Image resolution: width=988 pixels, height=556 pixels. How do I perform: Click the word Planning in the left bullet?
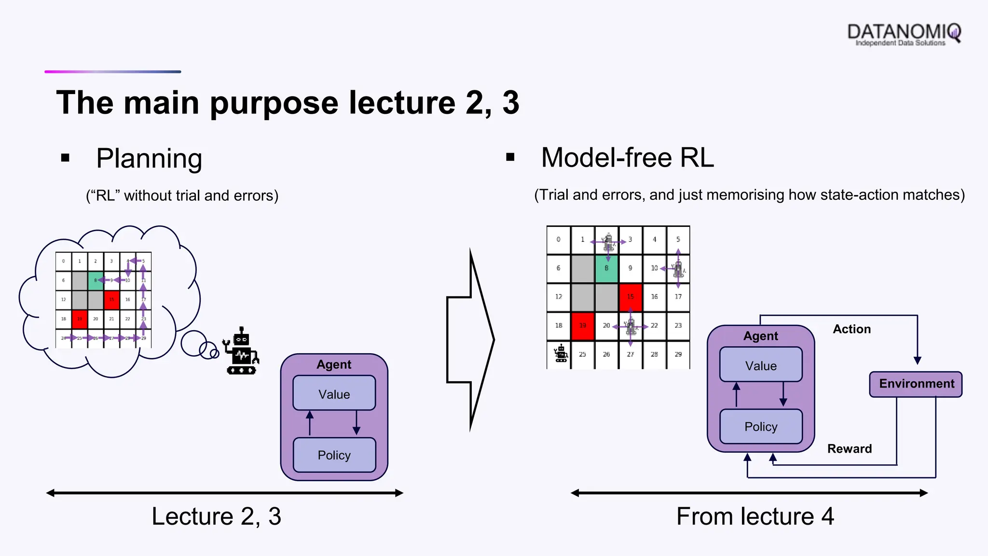(149, 158)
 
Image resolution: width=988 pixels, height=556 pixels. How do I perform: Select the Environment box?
(916, 384)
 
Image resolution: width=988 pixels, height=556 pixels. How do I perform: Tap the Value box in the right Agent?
(761, 365)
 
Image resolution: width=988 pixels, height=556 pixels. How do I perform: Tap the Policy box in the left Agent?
(334, 455)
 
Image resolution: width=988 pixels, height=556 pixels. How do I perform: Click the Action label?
(851, 329)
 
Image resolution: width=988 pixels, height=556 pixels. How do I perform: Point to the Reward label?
(849, 449)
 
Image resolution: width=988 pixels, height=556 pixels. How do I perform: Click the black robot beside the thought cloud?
(241, 352)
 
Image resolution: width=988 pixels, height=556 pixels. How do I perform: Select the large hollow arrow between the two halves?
(470, 339)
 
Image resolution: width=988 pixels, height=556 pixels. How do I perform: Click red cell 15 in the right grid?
(630, 297)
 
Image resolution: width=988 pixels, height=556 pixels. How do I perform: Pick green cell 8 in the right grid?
(606, 268)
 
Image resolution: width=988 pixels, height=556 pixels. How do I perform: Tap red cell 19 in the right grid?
(582, 326)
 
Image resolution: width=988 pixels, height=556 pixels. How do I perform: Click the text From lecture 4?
(755, 516)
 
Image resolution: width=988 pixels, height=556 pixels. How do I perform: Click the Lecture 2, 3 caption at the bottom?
(216, 516)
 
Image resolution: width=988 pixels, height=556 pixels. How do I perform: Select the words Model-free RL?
(627, 158)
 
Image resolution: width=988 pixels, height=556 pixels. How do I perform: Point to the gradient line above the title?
(113, 72)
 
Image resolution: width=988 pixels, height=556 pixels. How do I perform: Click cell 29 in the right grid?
(678, 355)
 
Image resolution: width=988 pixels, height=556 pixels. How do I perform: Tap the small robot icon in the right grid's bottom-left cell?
(561, 354)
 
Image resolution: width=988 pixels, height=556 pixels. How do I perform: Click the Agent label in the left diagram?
(334, 364)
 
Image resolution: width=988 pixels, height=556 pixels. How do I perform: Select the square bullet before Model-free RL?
(510, 157)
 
